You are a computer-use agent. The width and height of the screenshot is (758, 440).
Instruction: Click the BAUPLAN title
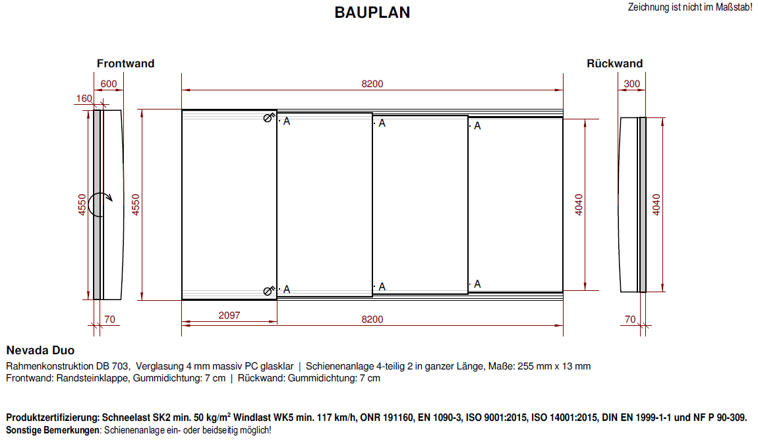point(372,13)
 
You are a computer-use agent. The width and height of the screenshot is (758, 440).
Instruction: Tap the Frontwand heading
point(126,63)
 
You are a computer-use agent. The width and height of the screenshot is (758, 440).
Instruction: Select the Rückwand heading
point(614,63)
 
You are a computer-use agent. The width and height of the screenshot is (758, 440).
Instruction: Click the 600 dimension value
point(109,84)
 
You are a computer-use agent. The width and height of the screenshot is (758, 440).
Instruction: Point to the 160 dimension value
point(84,98)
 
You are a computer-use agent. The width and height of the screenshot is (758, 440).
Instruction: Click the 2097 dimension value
point(229,315)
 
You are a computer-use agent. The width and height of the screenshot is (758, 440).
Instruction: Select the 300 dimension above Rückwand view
point(632,84)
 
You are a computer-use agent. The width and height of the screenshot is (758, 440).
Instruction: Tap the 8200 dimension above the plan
point(372,84)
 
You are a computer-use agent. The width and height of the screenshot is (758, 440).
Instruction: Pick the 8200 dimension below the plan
point(372,319)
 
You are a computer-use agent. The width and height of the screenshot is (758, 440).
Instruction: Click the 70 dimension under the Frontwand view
point(109,319)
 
